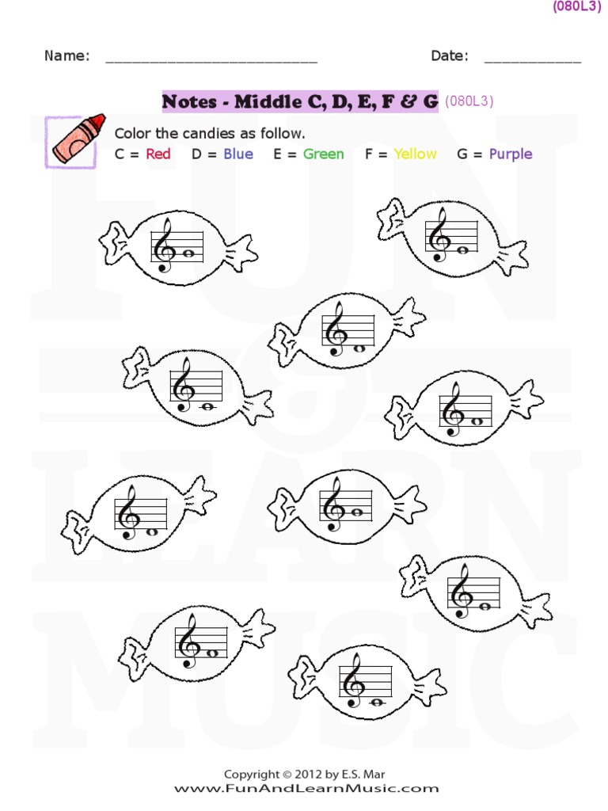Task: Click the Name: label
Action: [x=66, y=55]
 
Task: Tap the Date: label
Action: [x=449, y=55]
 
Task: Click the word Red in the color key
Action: [x=158, y=154]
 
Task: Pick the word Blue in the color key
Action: [x=237, y=154]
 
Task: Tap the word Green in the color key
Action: [x=323, y=154]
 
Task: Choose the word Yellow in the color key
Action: [x=415, y=154]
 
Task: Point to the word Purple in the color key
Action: [x=511, y=154]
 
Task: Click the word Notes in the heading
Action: [x=188, y=101]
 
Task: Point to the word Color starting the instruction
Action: [x=133, y=132]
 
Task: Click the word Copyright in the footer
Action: [x=252, y=775]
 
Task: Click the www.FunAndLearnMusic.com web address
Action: [x=306, y=789]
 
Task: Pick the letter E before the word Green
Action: [x=278, y=154]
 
